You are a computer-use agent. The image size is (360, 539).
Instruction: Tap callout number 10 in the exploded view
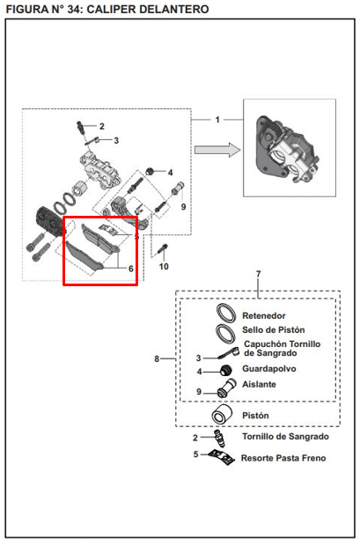pyautogui.click(x=163, y=266)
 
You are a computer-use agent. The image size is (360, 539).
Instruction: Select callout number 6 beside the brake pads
pyautogui.click(x=130, y=269)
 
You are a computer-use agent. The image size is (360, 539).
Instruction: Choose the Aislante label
pyautogui.click(x=259, y=387)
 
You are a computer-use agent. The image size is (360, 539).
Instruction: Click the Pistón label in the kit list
pyautogui.click(x=255, y=415)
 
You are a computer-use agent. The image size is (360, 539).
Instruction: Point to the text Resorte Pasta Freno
pyautogui.click(x=283, y=459)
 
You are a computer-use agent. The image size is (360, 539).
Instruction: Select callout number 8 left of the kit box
pyautogui.click(x=157, y=358)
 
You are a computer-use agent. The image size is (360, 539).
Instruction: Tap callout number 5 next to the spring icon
pyautogui.click(x=197, y=454)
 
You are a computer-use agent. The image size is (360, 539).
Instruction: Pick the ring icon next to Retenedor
pyautogui.click(x=224, y=314)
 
